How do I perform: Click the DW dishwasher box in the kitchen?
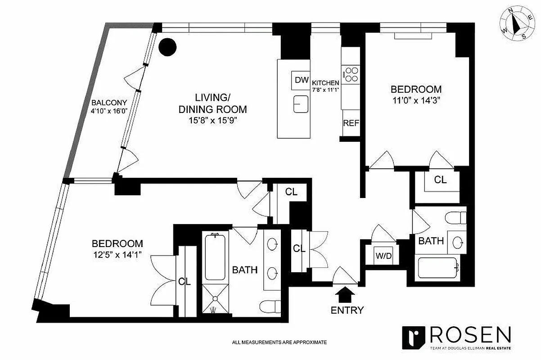point(301,80)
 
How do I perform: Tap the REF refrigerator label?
point(351,123)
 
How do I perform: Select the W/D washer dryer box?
point(383,256)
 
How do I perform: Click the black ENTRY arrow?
point(346,295)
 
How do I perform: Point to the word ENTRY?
point(347,310)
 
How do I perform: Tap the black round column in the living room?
point(167,47)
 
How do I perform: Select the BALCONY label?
point(109,102)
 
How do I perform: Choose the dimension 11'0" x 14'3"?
point(415,100)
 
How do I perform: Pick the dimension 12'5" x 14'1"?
point(117,255)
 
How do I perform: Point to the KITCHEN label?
point(325,82)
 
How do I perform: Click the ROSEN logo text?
point(471,335)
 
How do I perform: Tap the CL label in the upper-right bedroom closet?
point(440,180)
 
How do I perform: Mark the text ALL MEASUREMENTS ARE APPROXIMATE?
point(279,342)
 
